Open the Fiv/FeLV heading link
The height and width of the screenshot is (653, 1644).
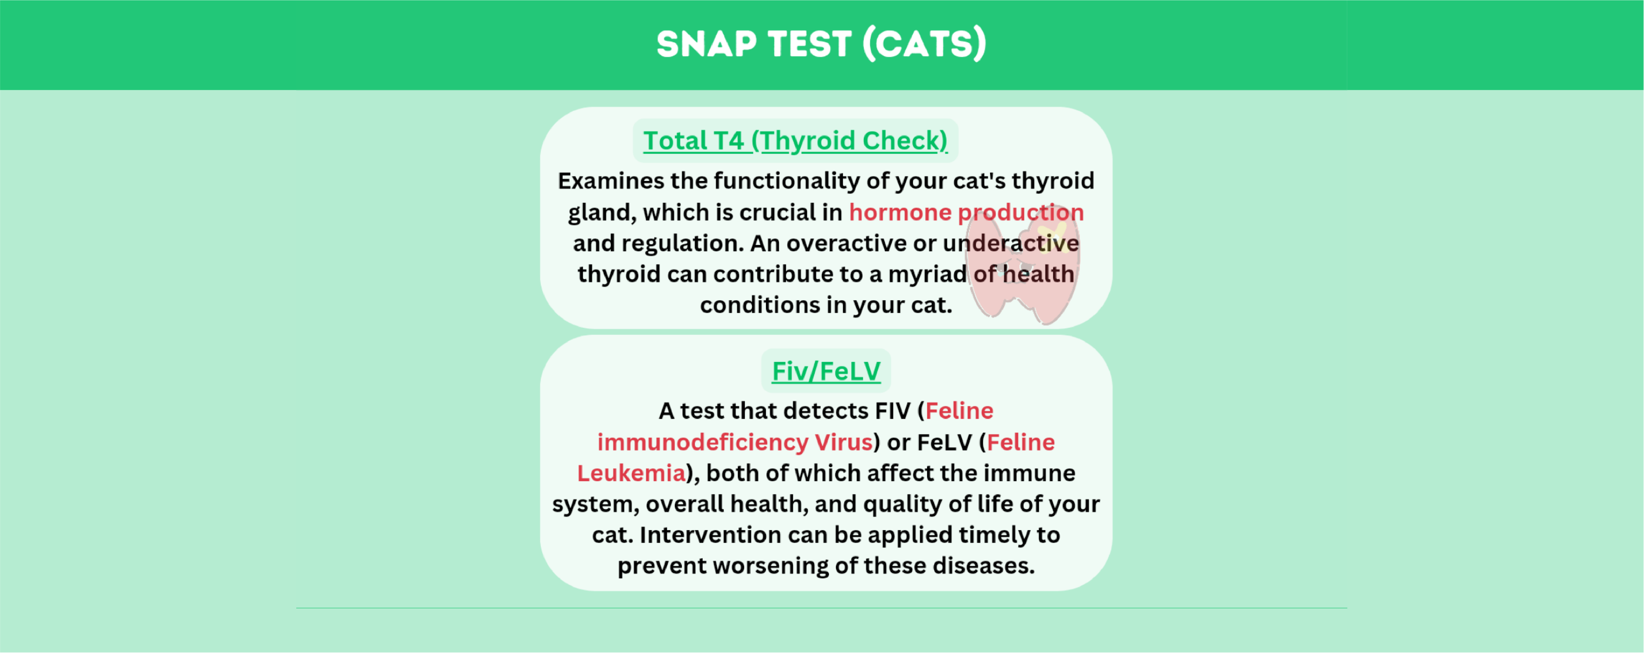826,371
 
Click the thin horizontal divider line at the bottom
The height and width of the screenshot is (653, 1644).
821,608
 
